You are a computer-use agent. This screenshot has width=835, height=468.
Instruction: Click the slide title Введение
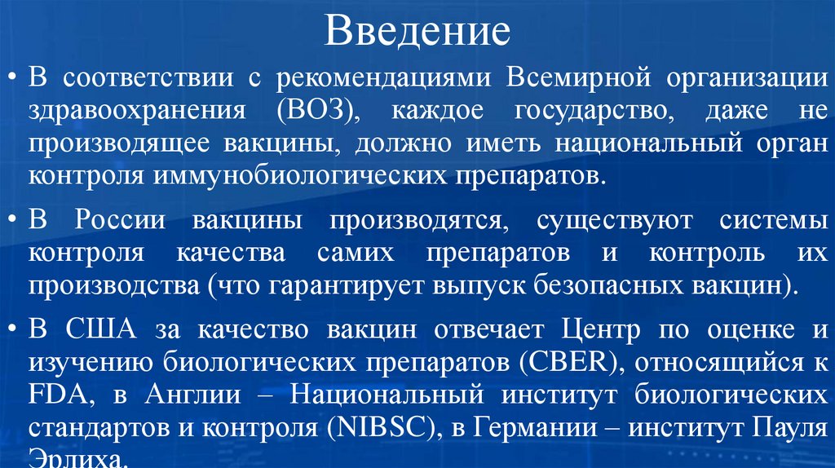click(x=417, y=31)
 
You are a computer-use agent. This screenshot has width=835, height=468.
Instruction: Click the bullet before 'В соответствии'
click(x=14, y=79)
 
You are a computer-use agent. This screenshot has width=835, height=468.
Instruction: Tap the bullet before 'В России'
click(x=14, y=221)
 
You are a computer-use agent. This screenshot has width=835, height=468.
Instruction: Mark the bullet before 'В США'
click(x=14, y=330)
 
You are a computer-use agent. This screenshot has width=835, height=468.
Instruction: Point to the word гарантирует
click(x=342, y=285)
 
